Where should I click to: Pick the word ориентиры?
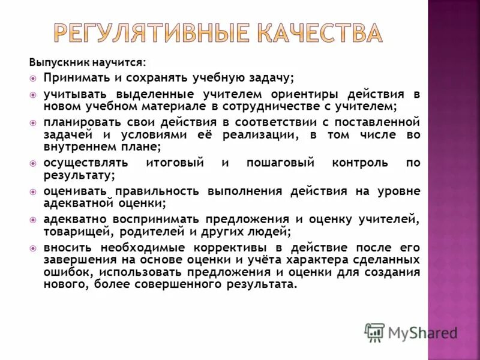click(295, 95)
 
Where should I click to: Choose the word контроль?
click(360, 163)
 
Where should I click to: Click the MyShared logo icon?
click(374, 332)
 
